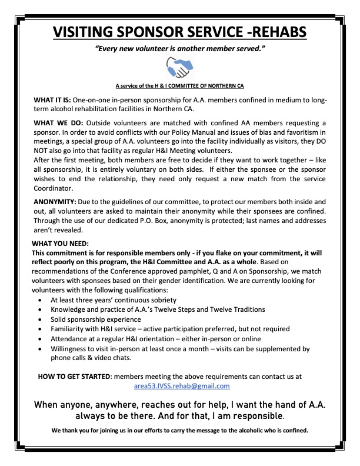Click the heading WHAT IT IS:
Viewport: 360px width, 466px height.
coord(55,101)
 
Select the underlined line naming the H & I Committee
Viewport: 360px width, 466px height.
coord(180,85)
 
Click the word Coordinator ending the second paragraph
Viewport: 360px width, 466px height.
coord(55,188)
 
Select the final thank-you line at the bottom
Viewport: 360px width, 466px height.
coord(179,430)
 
